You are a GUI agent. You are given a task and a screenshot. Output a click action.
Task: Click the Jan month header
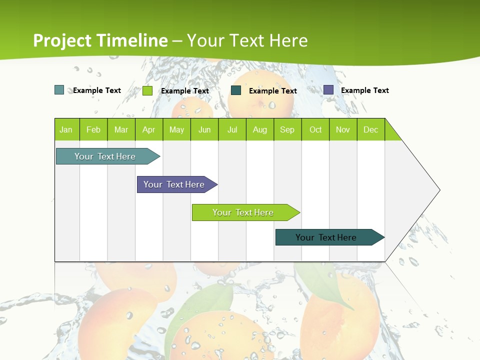pyautogui.click(x=66, y=129)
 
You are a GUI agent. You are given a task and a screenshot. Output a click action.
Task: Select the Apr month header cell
pyautogui.click(x=148, y=129)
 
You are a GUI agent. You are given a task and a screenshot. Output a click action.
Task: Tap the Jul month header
pyautogui.click(x=232, y=129)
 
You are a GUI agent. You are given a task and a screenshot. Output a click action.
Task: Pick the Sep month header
pyautogui.click(x=287, y=129)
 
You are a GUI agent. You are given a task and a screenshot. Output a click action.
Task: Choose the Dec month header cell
pyautogui.click(x=370, y=129)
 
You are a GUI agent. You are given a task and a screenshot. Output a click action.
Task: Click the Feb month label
pyautogui.click(x=93, y=129)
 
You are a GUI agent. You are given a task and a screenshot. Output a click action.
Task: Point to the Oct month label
pyautogui.click(x=315, y=129)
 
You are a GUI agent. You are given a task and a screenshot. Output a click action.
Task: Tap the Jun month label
pyautogui.click(x=204, y=129)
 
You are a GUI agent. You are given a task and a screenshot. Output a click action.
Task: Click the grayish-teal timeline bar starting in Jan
pyautogui.click(x=105, y=156)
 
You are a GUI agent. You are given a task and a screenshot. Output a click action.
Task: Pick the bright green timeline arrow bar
pyautogui.click(x=243, y=212)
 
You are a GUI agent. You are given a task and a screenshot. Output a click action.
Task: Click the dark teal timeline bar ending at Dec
pyautogui.click(x=326, y=237)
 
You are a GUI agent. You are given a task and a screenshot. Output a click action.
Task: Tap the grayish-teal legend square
pyautogui.click(x=59, y=90)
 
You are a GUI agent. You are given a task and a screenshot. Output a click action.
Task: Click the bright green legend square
pyautogui.click(x=147, y=90)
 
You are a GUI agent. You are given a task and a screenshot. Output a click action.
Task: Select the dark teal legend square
pyautogui.click(x=236, y=90)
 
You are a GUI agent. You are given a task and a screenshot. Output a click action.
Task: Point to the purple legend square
pyautogui.click(x=328, y=90)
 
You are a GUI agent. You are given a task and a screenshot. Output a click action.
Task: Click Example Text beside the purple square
pyautogui.click(x=364, y=90)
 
